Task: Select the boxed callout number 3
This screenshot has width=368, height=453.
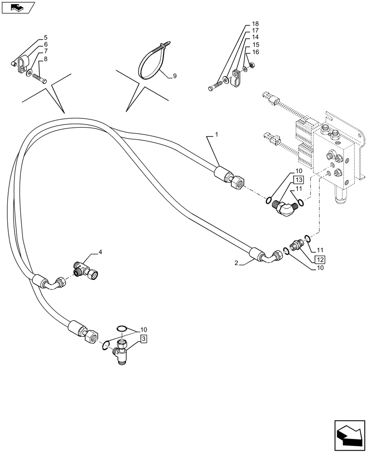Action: pyautogui.click(x=143, y=338)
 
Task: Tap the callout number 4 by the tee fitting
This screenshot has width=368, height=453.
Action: pyautogui.click(x=100, y=252)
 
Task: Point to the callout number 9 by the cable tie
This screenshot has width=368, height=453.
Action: pyautogui.click(x=46, y=37)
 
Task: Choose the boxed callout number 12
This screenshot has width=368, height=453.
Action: pyautogui.click(x=320, y=260)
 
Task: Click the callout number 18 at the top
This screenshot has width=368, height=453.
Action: pyautogui.click(x=255, y=24)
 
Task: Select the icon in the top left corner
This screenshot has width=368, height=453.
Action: pyautogui.click(x=18, y=7)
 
